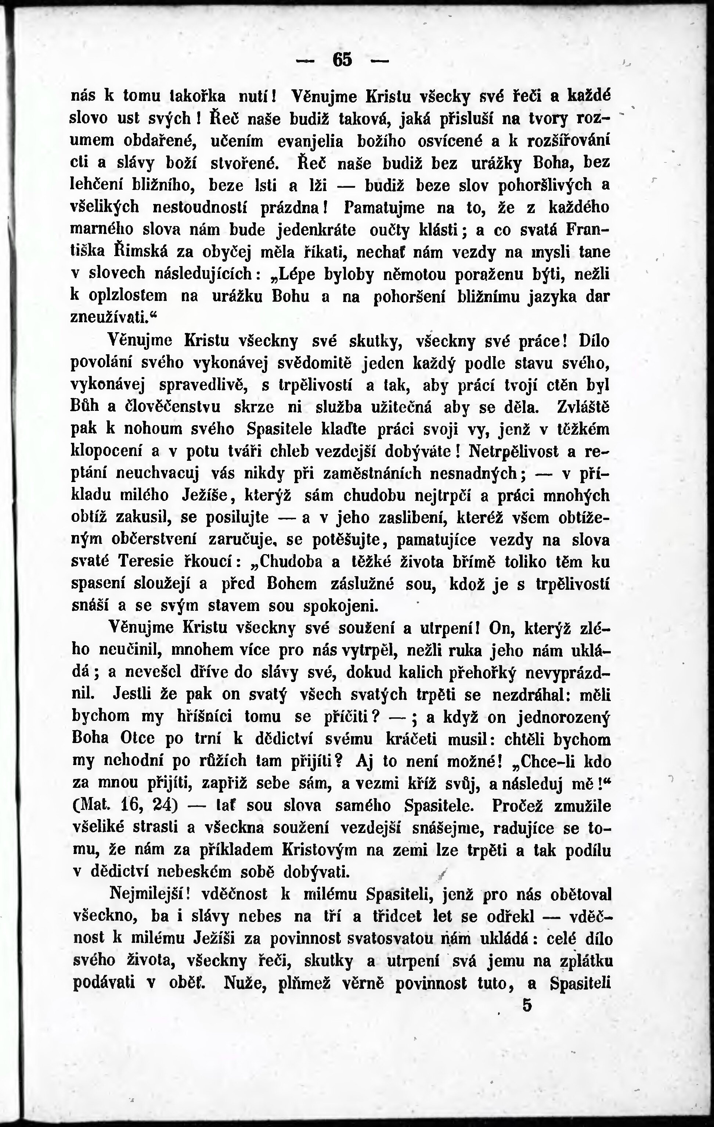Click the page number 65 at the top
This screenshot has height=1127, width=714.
(342, 60)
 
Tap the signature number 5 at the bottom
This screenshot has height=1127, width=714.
(528, 1005)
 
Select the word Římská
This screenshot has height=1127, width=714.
(141, 252)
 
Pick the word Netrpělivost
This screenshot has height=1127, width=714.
(513, 452)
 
